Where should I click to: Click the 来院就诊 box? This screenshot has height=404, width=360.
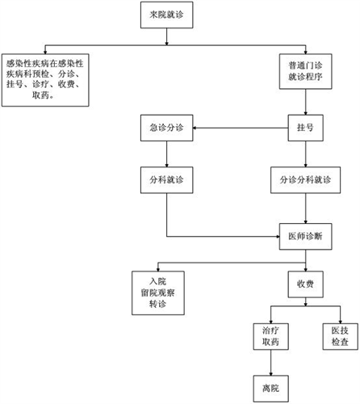tap(166, 15)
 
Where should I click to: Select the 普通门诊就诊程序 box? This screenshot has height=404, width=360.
tap(305, 71)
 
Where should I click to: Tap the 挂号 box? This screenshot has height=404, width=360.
tap(305, 128)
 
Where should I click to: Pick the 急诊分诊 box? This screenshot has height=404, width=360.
tap(166, 128)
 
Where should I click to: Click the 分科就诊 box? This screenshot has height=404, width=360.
tap(166, 180)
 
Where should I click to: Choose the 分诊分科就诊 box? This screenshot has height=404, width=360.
tap(305, 180)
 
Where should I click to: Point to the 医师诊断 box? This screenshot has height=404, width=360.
tap(305, 237)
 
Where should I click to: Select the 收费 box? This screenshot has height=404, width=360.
tap(305, 284)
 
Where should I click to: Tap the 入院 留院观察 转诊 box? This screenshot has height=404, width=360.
tap(158, 292)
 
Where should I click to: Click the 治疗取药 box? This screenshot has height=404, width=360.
tap(270, 336)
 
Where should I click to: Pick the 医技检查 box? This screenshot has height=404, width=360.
tap(340, 336)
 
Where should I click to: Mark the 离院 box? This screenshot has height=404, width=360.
tap(270, 389)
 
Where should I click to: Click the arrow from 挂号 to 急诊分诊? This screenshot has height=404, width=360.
tap(241, 128)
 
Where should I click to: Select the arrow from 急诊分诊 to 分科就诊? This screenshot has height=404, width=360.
tap(166, 154)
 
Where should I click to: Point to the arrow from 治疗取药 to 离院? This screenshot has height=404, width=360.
tap(270, 363)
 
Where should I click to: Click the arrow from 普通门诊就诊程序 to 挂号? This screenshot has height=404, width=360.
tap(305, 102)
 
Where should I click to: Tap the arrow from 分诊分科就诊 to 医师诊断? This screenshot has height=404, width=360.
tap(305, 208)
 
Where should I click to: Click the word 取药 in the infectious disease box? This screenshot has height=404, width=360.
tap(40, 95)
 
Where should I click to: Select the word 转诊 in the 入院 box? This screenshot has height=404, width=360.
tap(158, 304)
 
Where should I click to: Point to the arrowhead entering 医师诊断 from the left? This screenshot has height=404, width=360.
tap(278, 237)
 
